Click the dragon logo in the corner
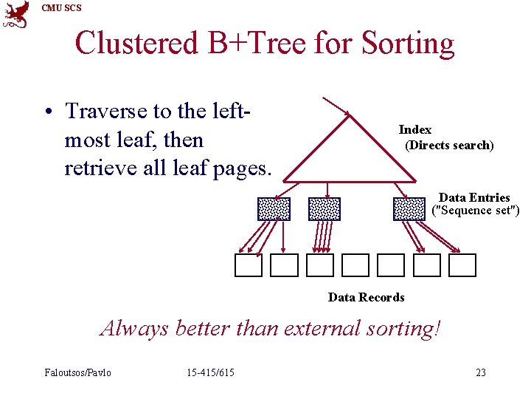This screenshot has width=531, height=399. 16,15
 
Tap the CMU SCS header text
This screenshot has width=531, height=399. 61,8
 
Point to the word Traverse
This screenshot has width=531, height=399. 106,111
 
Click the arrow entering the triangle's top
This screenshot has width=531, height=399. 336,106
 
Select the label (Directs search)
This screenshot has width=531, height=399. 449,145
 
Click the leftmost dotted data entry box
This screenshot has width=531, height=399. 274,209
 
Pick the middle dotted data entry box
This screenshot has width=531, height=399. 324,209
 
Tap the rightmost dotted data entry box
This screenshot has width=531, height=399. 409,209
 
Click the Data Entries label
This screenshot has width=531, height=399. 474,197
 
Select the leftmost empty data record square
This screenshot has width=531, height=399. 249,265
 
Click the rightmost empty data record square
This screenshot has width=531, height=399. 462,265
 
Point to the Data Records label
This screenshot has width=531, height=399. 366,297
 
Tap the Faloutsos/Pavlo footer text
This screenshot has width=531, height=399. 77,372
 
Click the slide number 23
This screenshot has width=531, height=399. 481,372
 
